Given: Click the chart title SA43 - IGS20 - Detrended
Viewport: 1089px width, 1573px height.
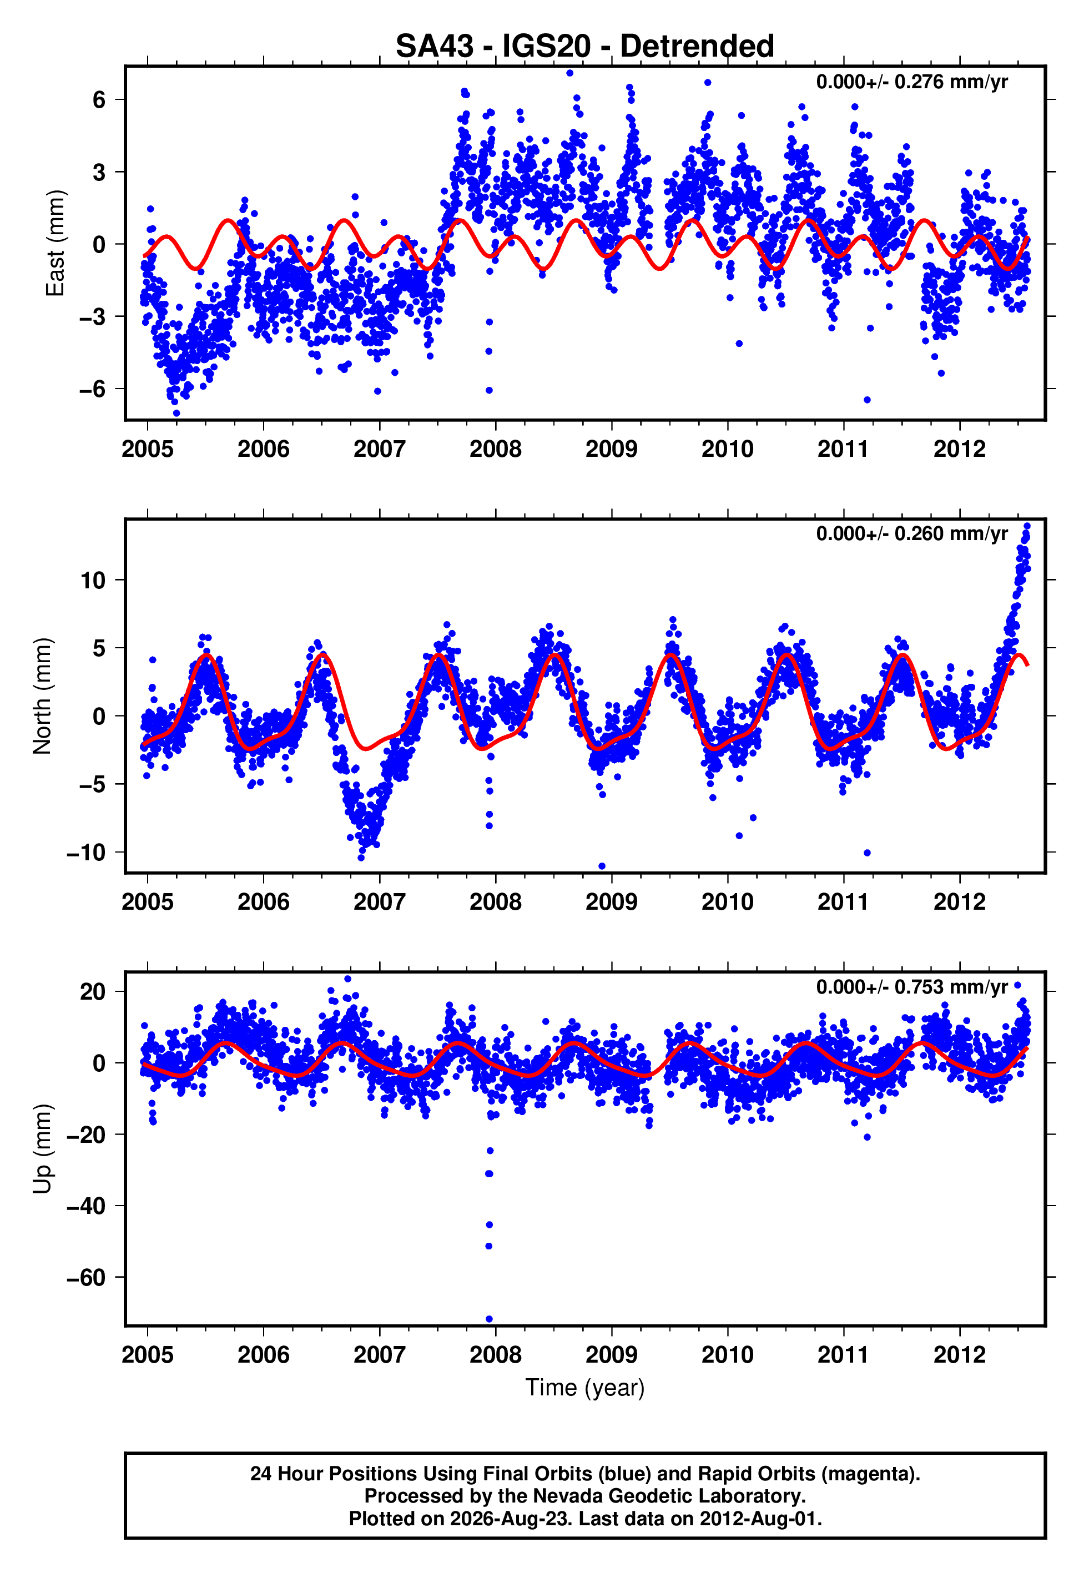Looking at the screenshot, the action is (585, 47).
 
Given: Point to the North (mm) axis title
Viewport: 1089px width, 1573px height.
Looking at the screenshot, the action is (42, 696).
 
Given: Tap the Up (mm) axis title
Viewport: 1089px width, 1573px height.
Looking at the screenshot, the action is (42, 1149).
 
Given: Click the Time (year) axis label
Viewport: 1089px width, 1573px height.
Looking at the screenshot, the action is (585, 1388).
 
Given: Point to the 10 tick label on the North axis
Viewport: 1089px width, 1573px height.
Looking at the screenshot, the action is (93, 581).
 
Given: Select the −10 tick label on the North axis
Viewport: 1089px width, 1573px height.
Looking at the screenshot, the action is (87, 853).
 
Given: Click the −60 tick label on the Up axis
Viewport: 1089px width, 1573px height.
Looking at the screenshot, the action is (87, 1277).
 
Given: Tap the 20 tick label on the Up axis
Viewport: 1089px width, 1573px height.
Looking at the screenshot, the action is (93, 991).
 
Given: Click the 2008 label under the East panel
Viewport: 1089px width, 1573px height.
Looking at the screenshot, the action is (495, 449).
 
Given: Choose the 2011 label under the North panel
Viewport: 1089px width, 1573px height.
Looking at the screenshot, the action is (843, 902).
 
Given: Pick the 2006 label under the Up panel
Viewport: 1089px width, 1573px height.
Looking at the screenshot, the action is (264, 1355).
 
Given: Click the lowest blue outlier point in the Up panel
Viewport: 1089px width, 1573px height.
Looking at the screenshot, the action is (489, 1319).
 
